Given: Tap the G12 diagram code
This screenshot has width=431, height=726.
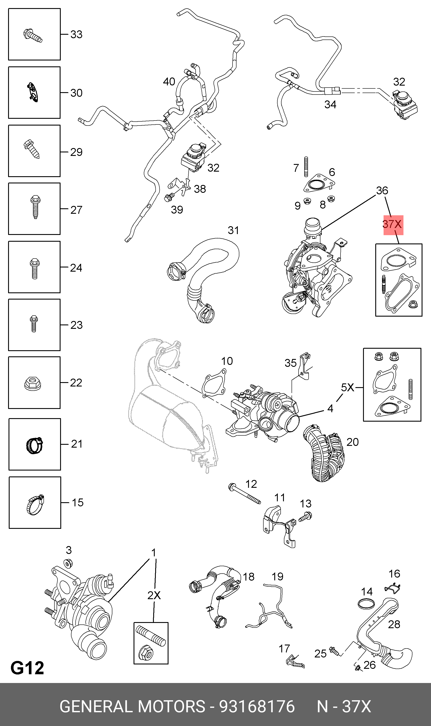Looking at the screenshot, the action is pyautogui.click(x=27, y=668).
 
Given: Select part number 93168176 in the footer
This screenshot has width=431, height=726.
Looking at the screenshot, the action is pyautogui.click(x=257, y=706).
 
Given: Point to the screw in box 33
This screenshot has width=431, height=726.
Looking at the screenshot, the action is pyautogui.click(x=33, y=35).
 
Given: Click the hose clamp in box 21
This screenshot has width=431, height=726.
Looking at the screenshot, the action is pyautogui.click(x=35, y=445).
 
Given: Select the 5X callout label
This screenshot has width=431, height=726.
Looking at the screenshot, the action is pyautogui.click(x=348, y=387).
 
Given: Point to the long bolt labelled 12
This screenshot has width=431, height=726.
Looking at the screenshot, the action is pyautogui.click(x=244, y=493).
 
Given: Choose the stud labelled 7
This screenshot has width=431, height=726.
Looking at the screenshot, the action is pyautogui.click(x=306, y=167).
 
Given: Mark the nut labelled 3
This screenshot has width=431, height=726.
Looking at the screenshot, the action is pyautogui.click(x=68, y=564).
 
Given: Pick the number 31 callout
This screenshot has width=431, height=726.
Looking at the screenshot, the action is pyautogui.click(x=233, y=230).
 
